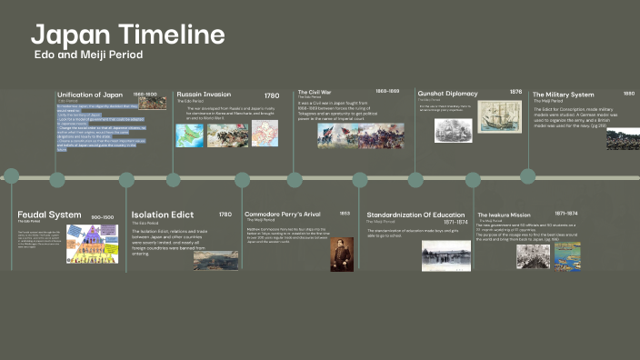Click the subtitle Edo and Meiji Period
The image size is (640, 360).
pos(87,55)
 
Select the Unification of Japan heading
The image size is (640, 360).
pos(89,95)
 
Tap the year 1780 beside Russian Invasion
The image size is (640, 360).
pos(272,95)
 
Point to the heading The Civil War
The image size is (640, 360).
pos(314,92)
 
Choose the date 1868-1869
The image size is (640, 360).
pos(387,92)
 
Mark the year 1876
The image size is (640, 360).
pos(515,92)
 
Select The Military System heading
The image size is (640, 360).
pos(563,94)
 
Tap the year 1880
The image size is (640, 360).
pos(629,93)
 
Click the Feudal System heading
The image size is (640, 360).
pos(49,215)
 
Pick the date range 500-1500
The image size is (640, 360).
pos(103,217)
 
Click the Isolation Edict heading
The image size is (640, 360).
pos(163,215)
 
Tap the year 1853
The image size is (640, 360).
pos(345,214)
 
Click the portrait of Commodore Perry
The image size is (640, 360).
pos(341,254)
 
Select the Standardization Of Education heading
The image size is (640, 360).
pos(416,215)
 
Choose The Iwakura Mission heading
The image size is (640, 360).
pos(504,215)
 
